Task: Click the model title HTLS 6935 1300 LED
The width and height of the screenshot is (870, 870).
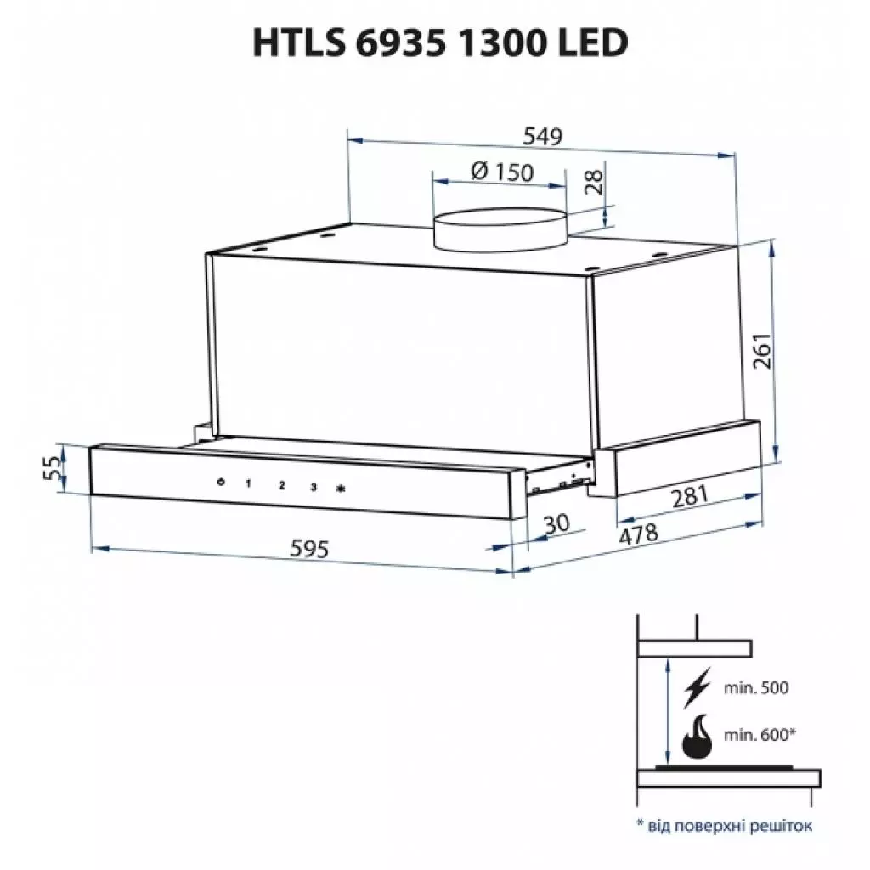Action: pos(440,42)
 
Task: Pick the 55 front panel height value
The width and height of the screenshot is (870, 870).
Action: pos(53,466)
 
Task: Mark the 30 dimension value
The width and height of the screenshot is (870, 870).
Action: pos(556,524)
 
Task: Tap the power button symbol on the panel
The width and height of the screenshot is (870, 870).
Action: pos(220,483)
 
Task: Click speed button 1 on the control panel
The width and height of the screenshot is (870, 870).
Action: pos(249,485)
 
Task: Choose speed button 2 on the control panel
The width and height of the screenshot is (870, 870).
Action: pos(281,486)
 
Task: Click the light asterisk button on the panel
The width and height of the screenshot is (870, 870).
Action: pos(342,489)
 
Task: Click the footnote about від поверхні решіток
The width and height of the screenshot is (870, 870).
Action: pos(724,825)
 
